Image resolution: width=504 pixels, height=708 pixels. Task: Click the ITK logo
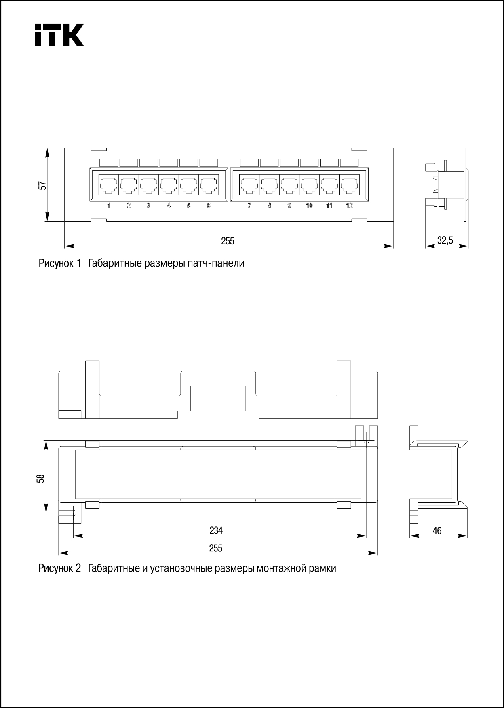(59, 34)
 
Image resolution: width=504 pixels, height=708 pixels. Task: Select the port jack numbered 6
(209, 185)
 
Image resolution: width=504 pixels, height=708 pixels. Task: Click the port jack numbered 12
(349, 185)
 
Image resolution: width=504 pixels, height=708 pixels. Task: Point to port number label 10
(309, 206)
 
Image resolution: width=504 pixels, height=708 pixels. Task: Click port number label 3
(149, 206)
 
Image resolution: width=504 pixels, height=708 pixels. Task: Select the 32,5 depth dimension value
(445, 240)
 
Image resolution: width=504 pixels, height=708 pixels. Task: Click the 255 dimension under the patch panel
(228, 241)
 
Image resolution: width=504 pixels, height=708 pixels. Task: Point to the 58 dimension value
(40, 478)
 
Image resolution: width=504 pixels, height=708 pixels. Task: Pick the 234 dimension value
(216, 530)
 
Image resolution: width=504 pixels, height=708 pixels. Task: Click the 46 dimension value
(437, 530)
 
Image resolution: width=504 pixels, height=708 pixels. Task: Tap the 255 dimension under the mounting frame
(216, 548)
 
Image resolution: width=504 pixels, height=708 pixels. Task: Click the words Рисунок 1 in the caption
(60, 264)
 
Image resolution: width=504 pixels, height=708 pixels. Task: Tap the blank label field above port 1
(109, 163)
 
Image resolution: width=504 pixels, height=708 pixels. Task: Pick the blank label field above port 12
(349, 163)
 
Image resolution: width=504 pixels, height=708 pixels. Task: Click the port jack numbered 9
(289, 185)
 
